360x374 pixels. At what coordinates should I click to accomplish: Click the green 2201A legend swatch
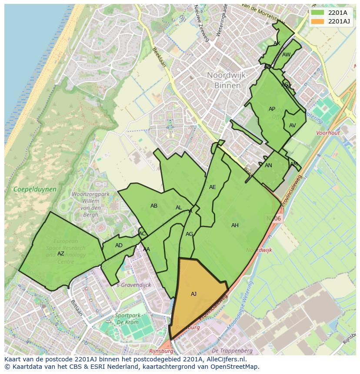[317, 13]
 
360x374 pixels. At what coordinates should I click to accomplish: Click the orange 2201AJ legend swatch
[317, 21]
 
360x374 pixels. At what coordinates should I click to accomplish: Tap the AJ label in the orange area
[194, 294]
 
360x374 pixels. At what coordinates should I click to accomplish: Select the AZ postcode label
[61, 254]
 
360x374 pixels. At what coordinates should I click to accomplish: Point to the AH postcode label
[235, 225]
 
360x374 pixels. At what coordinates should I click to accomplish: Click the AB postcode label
[154, 206]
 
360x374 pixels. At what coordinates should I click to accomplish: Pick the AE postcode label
[213, 187]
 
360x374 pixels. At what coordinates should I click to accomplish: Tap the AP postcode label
[272, 109]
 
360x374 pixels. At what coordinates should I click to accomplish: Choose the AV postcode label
[293, 126]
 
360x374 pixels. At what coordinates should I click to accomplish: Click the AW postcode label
[286, 55]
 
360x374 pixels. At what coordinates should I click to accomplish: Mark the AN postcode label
[268, 165]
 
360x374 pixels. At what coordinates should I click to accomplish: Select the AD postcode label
[119, 245]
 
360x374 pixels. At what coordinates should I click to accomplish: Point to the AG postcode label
[189, 234]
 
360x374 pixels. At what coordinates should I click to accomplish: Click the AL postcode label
[179, 208]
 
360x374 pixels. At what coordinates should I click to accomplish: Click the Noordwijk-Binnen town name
[227, 80]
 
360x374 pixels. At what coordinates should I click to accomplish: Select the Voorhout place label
[328, 133]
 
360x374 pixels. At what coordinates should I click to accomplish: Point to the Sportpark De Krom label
[127, 319]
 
